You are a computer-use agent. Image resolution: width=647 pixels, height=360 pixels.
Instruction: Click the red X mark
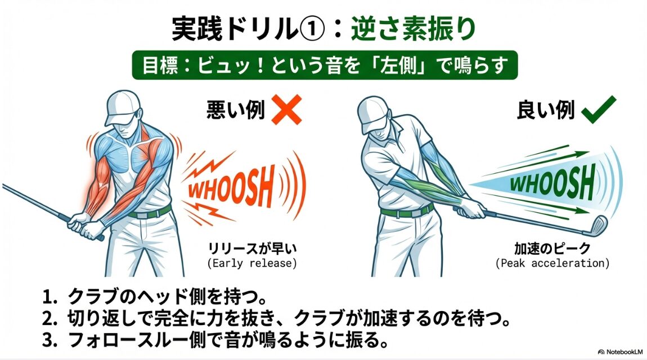tap(286, 110)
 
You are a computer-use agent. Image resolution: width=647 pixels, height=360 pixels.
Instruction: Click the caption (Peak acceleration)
tap(552, 263)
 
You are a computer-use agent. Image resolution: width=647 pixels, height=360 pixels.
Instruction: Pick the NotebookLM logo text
tap(622, 352)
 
